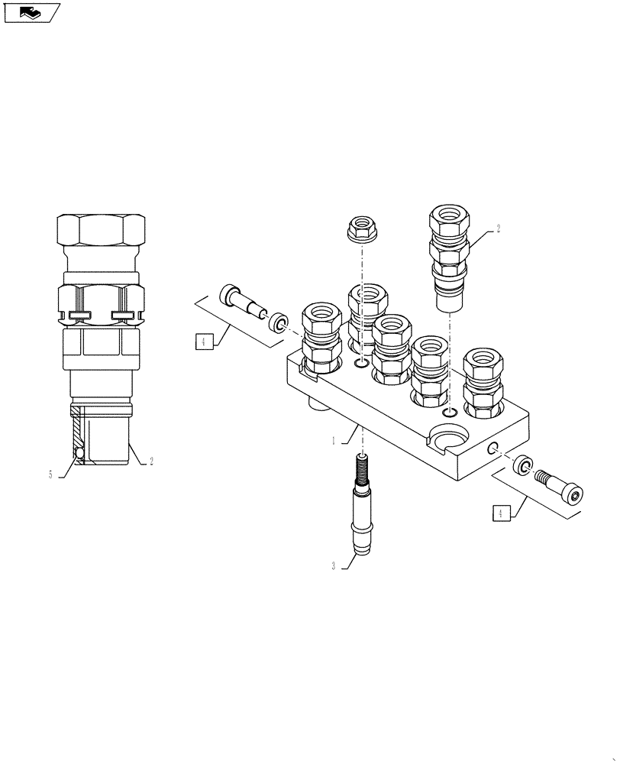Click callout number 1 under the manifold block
334,441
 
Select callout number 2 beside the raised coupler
498,228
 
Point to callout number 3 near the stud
334,566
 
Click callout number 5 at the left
50,474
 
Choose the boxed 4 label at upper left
202,342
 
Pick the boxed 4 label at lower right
500,514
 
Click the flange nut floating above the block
360,228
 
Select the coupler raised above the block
450,256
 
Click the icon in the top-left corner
31,12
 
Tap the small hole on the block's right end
494,448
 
